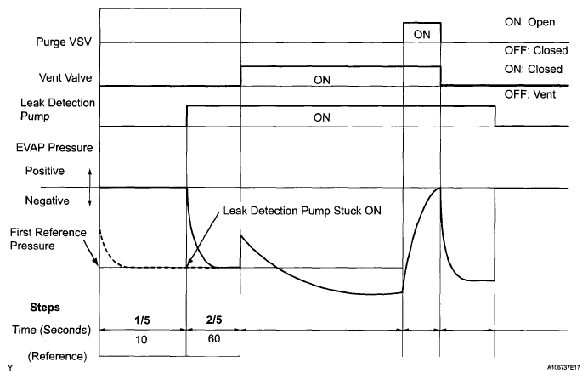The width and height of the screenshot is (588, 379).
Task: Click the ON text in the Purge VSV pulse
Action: point(421,33)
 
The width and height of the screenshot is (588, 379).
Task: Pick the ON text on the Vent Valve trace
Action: point(321,79)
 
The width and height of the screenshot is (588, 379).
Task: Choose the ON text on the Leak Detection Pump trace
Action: point(321,117)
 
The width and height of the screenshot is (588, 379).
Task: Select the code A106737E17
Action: point(557,371)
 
